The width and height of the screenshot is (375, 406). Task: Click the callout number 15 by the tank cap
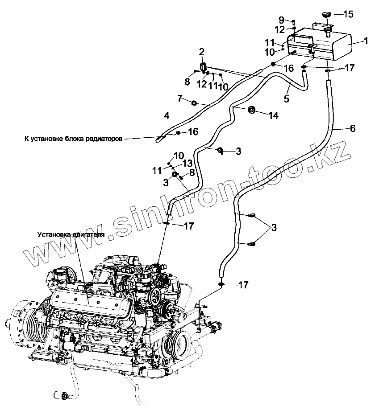348,14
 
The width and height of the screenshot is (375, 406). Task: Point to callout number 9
281,20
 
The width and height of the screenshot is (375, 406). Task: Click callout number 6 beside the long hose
352,128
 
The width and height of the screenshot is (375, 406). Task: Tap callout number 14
273,115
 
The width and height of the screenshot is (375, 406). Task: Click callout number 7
180,98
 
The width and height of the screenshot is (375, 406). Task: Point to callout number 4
167,116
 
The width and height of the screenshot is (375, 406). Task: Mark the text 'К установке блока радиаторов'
73,139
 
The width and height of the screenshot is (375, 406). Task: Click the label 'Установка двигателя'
71,234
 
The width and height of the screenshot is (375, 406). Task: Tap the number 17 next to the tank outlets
349,68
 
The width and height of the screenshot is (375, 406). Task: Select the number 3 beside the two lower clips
274,228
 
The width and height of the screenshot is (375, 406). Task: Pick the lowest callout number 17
243,284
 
